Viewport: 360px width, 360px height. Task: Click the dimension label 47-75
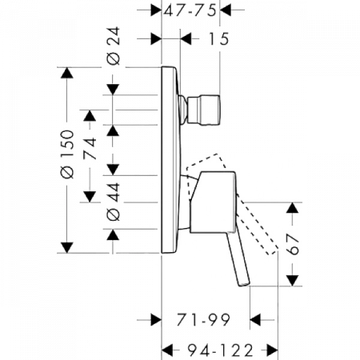190,10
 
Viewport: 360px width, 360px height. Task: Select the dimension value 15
218,39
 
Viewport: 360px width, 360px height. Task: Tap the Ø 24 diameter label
114,46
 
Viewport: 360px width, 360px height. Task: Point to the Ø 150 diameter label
67,154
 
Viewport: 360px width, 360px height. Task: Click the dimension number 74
90,148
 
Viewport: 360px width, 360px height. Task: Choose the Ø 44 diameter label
114,202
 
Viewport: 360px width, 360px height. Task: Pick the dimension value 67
293,244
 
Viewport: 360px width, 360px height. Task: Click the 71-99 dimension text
203,319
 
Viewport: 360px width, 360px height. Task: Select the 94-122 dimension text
220,350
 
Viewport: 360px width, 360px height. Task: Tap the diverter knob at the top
203,110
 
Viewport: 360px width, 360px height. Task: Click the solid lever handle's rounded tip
245,283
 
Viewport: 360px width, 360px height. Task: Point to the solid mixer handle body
213,202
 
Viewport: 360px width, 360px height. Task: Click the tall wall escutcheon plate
170,159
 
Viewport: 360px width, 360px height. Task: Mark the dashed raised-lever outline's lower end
273,251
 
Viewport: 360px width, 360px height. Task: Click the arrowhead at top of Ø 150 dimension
67,73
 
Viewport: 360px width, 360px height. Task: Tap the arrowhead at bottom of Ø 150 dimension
67,247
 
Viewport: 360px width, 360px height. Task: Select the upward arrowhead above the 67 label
293,208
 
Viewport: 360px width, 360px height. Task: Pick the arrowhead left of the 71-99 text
156,320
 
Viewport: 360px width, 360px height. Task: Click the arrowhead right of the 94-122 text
272,350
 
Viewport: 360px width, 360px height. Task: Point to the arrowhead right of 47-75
226,10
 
